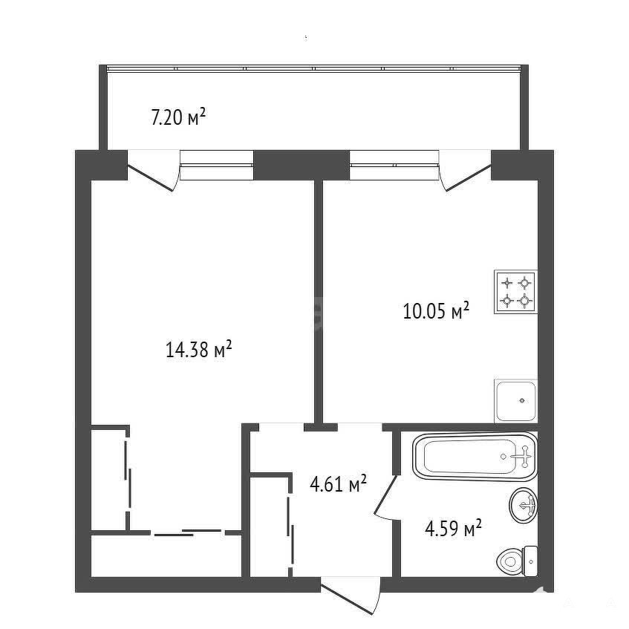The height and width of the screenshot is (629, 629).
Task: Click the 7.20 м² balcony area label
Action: [178, 117]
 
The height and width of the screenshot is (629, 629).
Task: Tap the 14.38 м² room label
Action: [198, 349]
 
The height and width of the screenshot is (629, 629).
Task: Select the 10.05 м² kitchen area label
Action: [436, 310]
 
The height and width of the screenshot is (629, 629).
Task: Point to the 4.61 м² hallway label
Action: [338, 483]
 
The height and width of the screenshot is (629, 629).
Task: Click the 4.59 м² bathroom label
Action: [453, 528]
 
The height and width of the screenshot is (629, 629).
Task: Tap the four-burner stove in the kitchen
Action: [515, 292]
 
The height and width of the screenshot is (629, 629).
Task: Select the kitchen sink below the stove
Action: [516, 401]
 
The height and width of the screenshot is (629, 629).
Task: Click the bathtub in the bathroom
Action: [475, 457]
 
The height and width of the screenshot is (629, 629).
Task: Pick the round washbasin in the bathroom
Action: [524, 505]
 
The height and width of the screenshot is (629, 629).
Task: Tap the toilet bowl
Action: [510, 561]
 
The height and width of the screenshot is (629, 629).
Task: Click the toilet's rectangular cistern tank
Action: [531, 561]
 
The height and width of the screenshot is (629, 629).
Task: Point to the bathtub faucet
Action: [521, 457]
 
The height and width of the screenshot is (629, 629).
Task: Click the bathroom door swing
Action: [386, 498]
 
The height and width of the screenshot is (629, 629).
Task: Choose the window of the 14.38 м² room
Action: [217, 165]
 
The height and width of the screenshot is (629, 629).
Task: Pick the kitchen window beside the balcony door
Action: [394, 165]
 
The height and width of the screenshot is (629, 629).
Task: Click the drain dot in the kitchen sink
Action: [522, 400]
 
